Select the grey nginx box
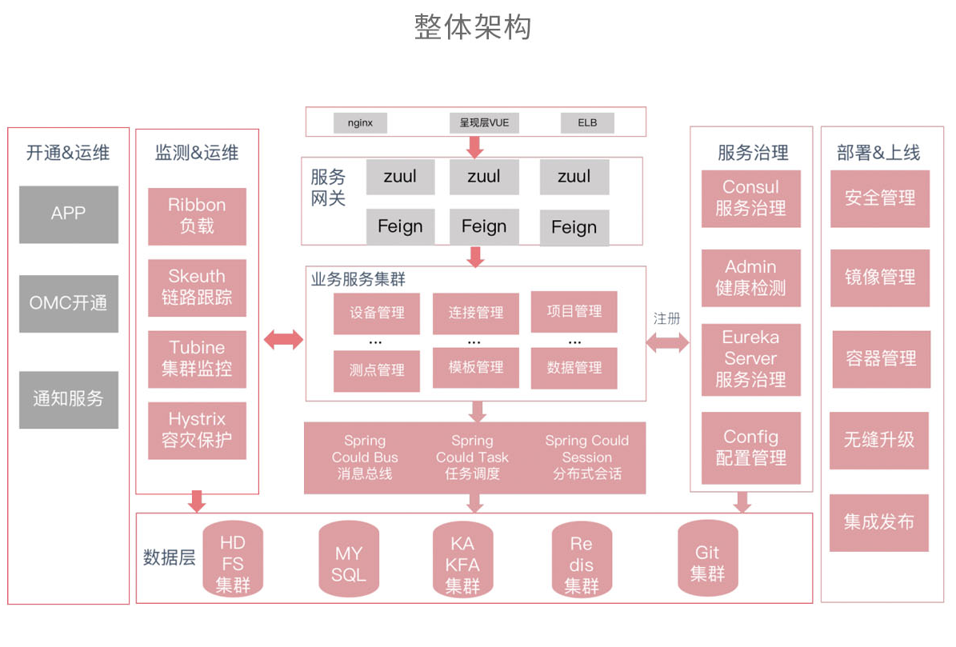point(359,123)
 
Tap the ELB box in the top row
point(588,123)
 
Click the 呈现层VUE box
point(484,123)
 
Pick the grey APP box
point(69,214)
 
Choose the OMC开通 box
point(69,304)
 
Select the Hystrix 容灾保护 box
point(197,430)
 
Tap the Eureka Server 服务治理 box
point(750,359)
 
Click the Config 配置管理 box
point(750,448)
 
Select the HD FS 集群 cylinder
point(233,564)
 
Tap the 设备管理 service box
point(377,314)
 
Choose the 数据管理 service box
point(574,368)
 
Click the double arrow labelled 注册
point(667,341)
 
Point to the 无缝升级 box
point(879,441)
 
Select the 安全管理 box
point(880,198)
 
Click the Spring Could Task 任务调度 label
point(472,457)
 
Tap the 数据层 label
point(170,558)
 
